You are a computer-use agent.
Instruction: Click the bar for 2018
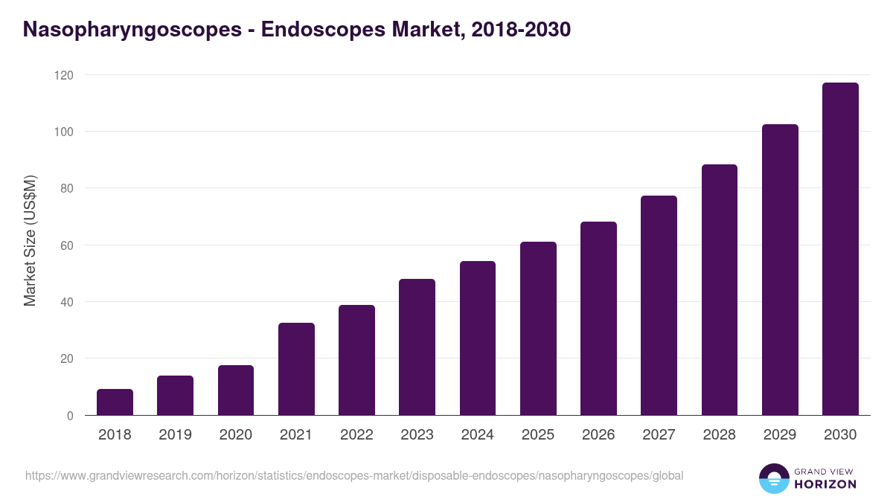click(115, 402)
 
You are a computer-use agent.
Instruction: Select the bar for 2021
click(296, 369)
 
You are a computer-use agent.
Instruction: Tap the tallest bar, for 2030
click(840, 249)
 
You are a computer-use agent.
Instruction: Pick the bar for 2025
click(538, 329)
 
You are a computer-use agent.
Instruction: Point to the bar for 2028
click(720, 290)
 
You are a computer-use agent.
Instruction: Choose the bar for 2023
click(417, 347)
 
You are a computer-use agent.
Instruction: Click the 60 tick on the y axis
click(66, 245)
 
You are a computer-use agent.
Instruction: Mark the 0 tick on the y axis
click(70, 416)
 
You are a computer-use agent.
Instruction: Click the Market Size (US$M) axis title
click(30, 240)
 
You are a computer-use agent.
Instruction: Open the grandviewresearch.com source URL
click(354, 475)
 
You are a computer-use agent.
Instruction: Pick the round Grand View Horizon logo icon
click(774, 478)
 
